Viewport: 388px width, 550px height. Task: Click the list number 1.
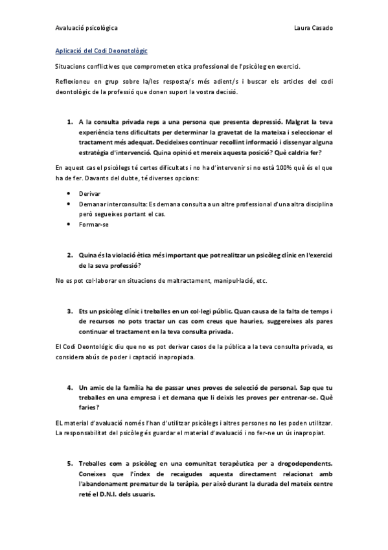tap(69, 121)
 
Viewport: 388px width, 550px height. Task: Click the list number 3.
tap(69, 311)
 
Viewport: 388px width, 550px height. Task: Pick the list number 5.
tap(69, 464)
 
